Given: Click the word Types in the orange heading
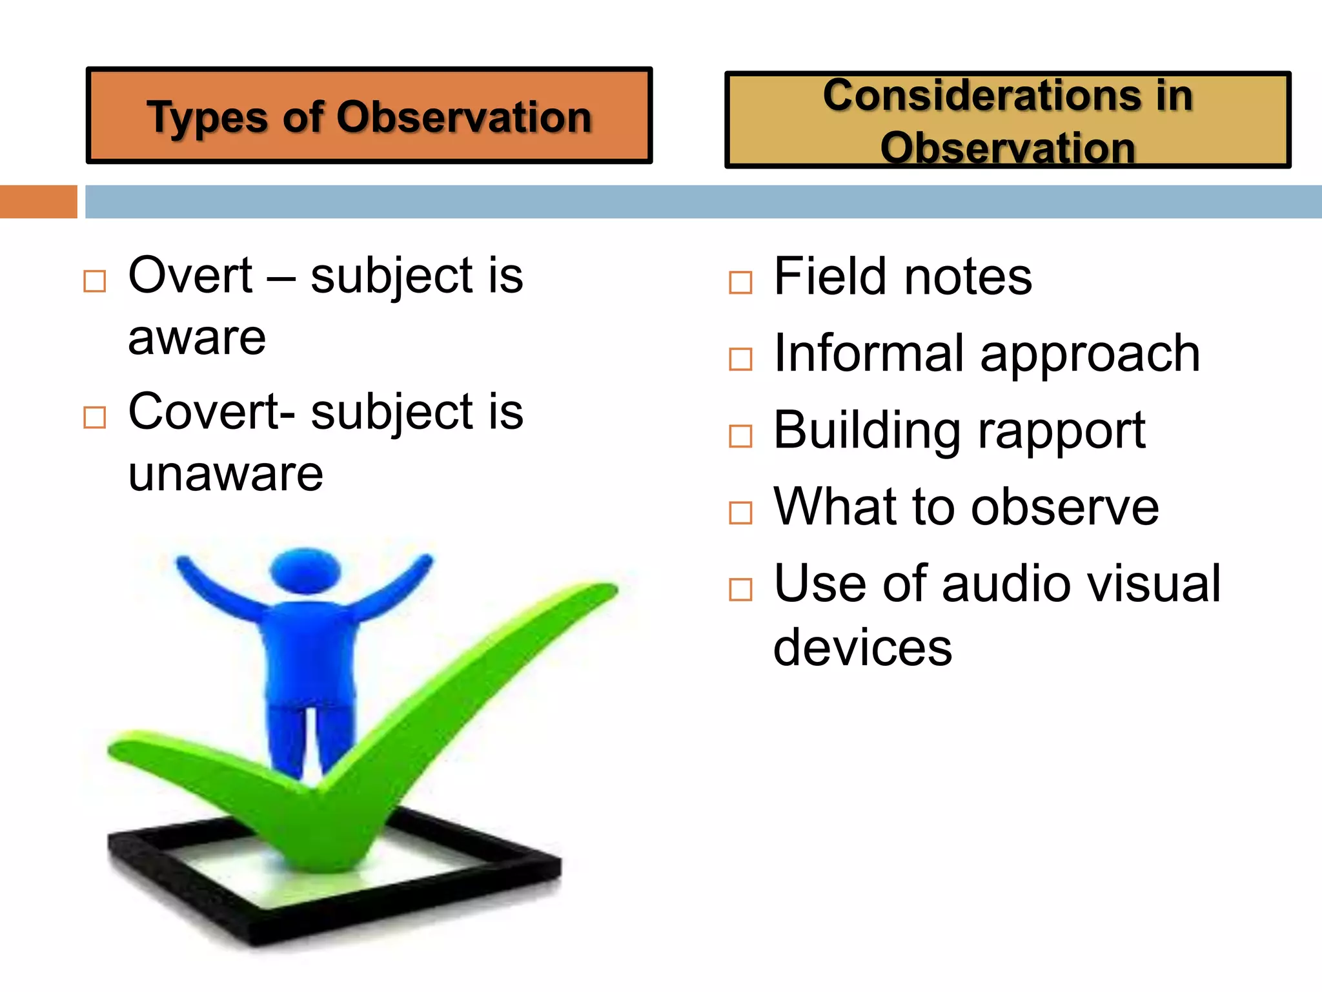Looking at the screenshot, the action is pos(207,119).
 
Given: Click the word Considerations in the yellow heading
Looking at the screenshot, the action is pos(981,96).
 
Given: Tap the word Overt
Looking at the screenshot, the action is pos(190,276).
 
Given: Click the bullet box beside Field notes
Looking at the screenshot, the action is pos(740,283).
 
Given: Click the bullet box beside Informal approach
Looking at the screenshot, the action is pos(740,359).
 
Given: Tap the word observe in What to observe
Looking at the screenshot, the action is pos(1064,508).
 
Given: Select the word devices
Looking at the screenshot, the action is pos(862,648).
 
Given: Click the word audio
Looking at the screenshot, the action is pos(1008,584).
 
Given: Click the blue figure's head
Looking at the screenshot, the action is pos(305,571).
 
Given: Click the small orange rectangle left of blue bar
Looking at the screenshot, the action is pos(38,201).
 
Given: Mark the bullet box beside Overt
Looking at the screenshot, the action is pos(95,282).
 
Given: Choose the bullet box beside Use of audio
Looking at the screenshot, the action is pos(740,590).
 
